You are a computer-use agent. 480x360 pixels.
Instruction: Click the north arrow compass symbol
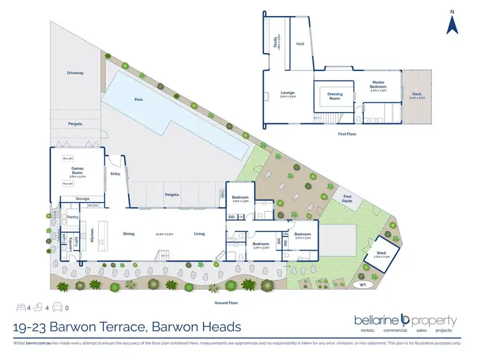click(452, 24)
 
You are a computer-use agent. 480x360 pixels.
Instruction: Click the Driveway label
click(75, 73)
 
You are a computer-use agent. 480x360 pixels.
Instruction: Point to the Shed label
click(380, 254)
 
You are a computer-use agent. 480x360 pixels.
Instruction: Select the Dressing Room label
click(335, 97)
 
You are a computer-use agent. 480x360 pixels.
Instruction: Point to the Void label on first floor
click(300, 44)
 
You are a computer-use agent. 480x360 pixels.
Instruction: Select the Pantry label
click(72, 217)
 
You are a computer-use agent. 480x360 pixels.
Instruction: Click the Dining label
click(129, 234)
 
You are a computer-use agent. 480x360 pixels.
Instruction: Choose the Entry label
click(115, 173)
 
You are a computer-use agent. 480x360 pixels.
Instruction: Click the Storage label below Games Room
click(83, 198)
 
